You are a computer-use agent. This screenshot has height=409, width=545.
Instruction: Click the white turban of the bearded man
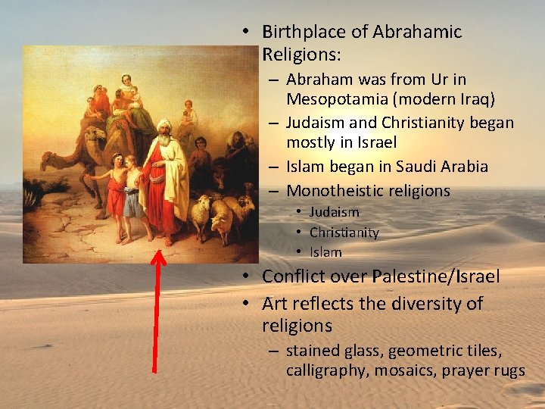pyautogui.click(x=164, y=126)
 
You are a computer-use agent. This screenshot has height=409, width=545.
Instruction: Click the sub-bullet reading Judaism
pyautogui.click(x=334, y=212)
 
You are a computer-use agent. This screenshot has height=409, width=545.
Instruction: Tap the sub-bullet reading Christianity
pyautogui.click(x=344, y=233)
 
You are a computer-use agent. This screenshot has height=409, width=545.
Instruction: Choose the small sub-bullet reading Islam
pyautogui.click(x=325, y=252)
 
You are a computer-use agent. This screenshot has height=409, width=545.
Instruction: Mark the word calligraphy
pyautogui.click(x=325, y=370)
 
